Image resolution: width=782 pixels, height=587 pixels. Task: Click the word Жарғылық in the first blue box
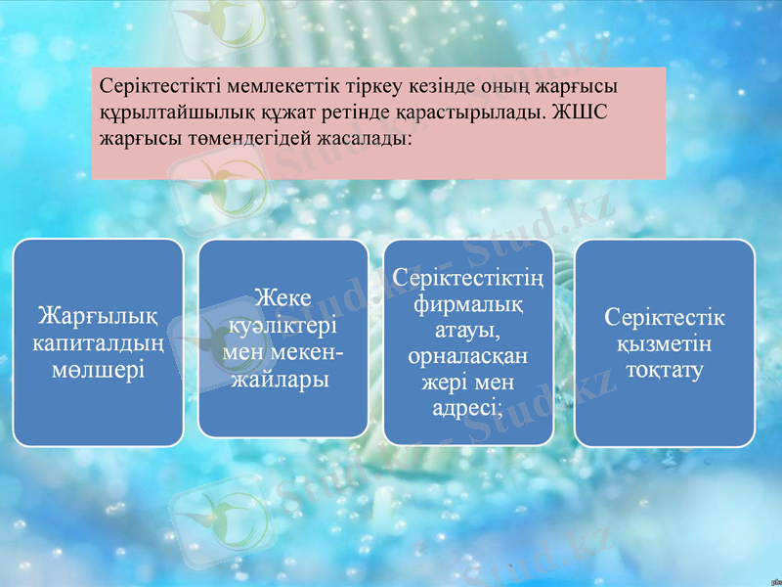[x=98, y=317]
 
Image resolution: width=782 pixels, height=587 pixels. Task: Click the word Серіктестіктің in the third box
[x=468, y=279]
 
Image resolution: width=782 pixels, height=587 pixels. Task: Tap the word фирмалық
[x=468, y=304]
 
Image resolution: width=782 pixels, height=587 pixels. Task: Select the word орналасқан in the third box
[x=468, y=356]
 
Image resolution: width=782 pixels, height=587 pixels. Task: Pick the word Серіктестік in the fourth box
[x=665, y=318]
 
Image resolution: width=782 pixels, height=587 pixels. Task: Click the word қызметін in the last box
[x=665, y=344]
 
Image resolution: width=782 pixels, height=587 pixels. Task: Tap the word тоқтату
[x=665, y=371]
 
